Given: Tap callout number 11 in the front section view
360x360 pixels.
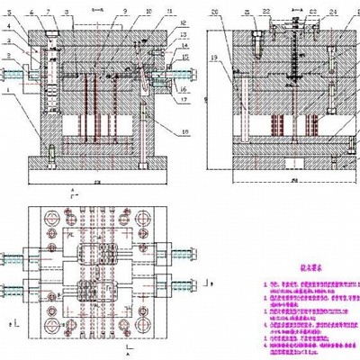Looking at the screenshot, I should point(170,13).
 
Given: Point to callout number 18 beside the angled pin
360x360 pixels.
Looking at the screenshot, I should point(184,131).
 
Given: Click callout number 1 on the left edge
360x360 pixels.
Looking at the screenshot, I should point(7,91).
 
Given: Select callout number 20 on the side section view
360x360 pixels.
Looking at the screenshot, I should point(215,12).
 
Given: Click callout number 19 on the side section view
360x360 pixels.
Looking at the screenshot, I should point(215,57).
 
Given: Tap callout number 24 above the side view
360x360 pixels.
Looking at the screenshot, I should point(334,13).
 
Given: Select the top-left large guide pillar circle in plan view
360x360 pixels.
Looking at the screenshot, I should point(49,219).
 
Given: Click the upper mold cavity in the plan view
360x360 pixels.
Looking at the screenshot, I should point(99,256).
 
